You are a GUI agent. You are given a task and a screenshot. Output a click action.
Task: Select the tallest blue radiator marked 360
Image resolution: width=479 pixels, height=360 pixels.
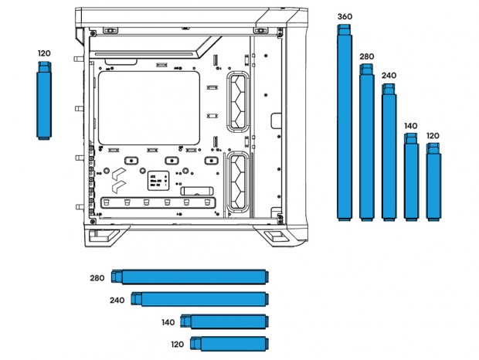tap(345, 124)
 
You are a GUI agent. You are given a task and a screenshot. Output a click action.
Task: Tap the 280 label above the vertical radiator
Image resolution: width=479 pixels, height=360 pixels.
tap(366, 56)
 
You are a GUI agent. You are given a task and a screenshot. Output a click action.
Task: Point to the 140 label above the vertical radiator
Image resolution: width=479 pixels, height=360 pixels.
tap(410, 125)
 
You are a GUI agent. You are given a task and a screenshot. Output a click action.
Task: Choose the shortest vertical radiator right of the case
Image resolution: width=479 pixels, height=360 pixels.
tap(433, 182)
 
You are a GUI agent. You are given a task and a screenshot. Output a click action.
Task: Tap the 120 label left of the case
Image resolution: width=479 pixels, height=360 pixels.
tap(44, 53)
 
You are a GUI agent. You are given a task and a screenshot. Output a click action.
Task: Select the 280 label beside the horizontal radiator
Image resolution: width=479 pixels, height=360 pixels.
tap(97, 278)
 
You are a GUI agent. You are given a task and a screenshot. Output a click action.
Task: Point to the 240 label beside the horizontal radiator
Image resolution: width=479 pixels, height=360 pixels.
tap(117, 300)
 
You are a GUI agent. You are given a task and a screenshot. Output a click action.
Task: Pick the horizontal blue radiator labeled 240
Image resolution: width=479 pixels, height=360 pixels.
tap(200, 299)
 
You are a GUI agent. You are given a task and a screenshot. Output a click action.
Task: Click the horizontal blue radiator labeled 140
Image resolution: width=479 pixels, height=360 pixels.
tap(225, 321)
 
